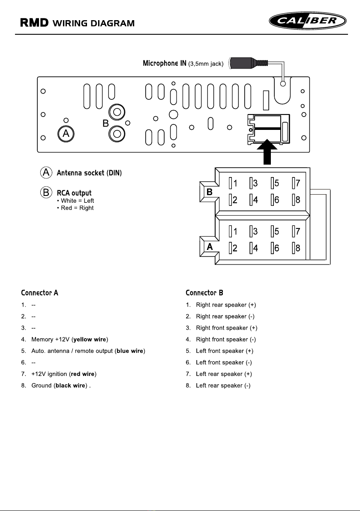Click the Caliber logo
point(308,21)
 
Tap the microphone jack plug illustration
point(249,63)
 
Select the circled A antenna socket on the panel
point(66,134)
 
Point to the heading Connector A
point(39,293)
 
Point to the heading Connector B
point(204,293)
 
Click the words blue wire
point(130,351)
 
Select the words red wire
point(83,374)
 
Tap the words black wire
point(70,385)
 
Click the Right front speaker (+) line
point(226,328)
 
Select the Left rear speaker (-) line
point(223,385)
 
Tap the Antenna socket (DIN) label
point(89,173)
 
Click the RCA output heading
point(74,193)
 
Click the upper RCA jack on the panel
point(117,113)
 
